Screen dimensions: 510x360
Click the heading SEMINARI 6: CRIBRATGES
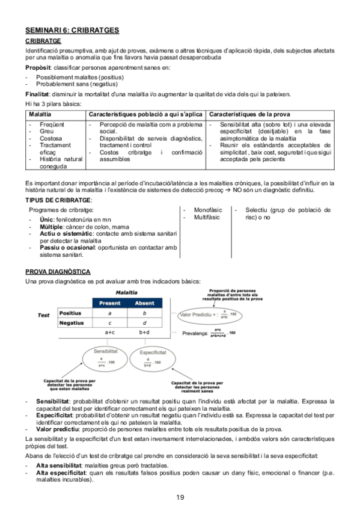[72, 29]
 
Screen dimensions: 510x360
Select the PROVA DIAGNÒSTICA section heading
[58, 272]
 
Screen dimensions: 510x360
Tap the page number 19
[180, 496]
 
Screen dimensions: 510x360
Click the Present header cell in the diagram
[109, 303]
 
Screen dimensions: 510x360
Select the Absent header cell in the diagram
[144, 303]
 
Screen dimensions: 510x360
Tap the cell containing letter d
[144, 323]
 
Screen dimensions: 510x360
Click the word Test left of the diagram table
[43, 315]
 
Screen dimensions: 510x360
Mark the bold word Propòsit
[38, 68]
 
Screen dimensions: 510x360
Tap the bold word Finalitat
[38, 94]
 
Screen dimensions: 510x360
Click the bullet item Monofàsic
[207, 210]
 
